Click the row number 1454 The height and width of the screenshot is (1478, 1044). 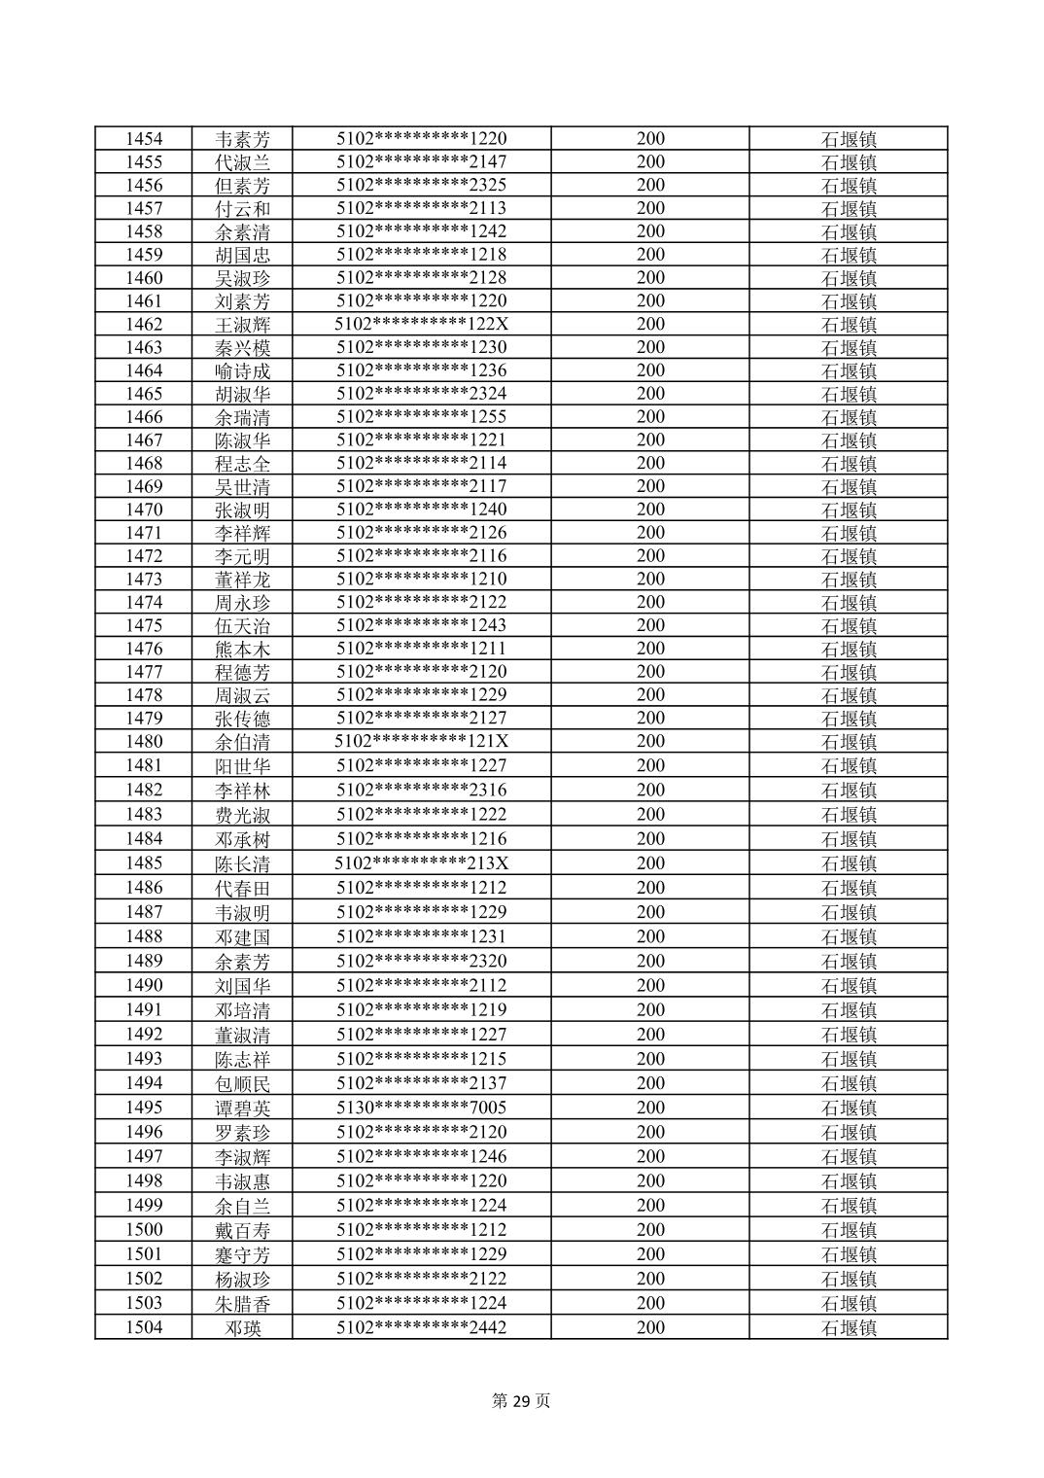click(144, 139)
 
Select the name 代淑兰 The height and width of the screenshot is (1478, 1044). click(243, 162)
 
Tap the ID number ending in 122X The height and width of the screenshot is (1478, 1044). click(421, 325)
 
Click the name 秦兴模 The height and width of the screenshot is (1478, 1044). click(243, 348)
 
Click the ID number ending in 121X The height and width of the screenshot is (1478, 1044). click(421, 742)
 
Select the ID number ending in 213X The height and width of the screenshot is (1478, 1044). click(421, 863)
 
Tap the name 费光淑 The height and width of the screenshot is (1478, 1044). click(243, 815)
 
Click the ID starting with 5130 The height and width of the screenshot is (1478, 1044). click(421, 1108)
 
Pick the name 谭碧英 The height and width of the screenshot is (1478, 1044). click(243, 1108)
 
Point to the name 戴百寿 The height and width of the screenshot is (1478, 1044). click(243, 1230)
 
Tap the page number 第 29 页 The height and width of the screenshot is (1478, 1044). click(521, 1401)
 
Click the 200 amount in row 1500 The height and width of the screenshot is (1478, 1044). click(650, 1230)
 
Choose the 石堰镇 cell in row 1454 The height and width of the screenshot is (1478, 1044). click(849, 139)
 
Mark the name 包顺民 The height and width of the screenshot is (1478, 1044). click(243, 1084)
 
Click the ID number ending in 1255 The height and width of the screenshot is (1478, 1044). click(421, 417)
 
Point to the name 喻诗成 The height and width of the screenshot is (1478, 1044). click(243, 371)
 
